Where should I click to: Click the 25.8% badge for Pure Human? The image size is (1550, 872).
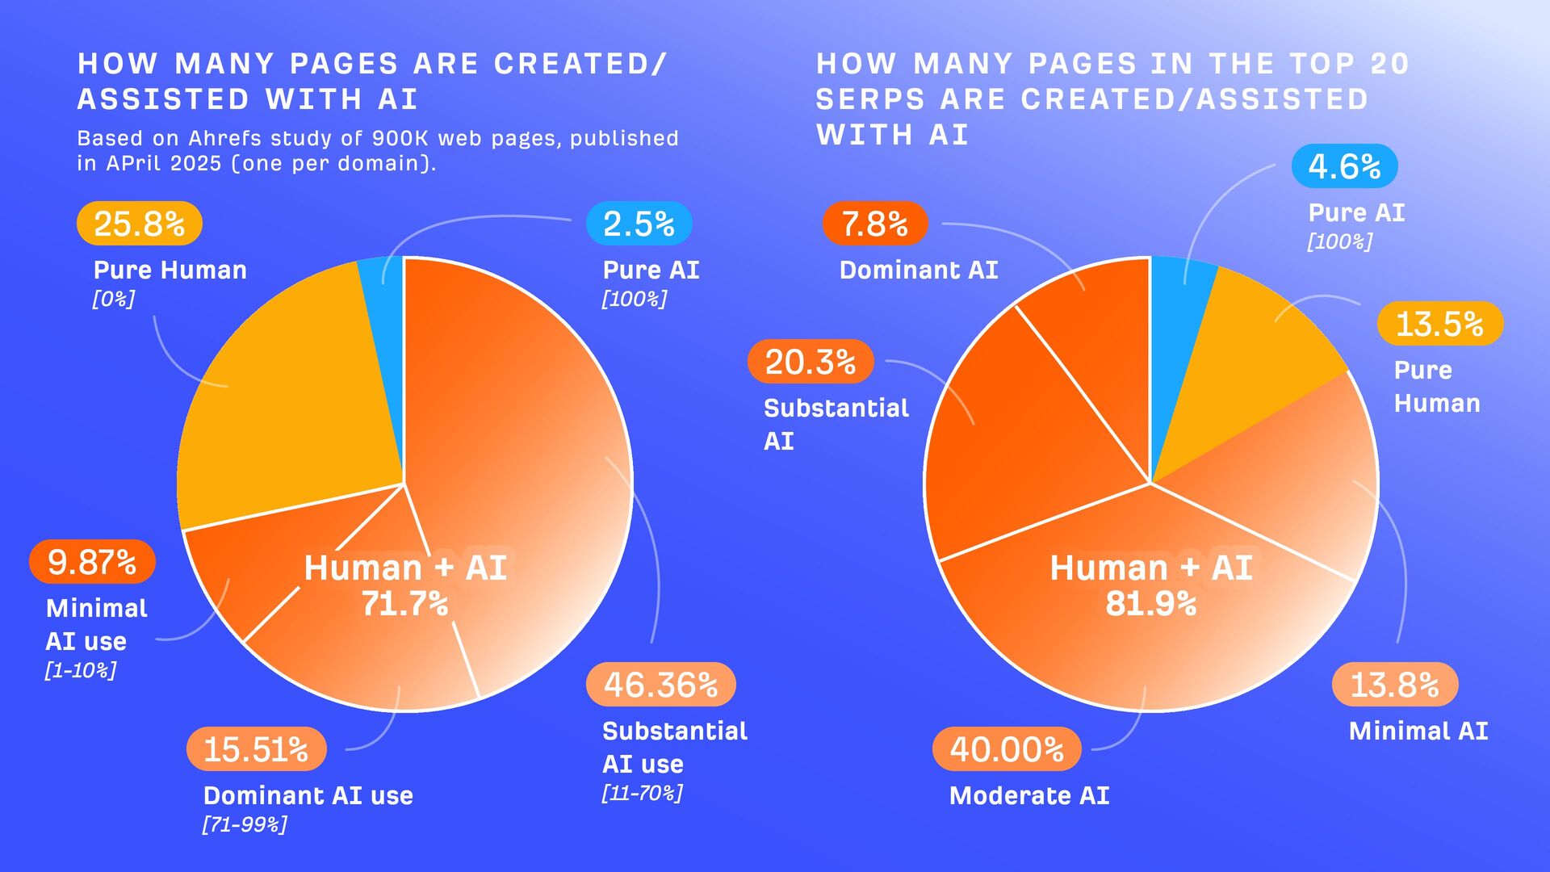tap(139, 224)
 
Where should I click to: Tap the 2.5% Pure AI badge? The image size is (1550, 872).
tap(639, 224)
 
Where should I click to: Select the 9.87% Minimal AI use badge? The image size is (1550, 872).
tap(92, 562)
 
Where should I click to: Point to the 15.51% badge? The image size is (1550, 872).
tap(256, 749)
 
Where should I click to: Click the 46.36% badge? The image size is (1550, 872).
tap(660, 685)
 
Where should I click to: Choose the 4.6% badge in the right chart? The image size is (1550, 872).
tap(1344, 166)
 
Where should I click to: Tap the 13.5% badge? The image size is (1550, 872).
tap(1439, 324)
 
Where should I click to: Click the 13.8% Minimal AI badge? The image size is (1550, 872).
tap(1394, 685)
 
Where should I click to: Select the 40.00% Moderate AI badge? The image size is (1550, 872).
tap(1007, 749)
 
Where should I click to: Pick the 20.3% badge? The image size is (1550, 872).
tap(811, 362)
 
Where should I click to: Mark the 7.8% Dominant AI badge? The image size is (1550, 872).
tap(875, 224)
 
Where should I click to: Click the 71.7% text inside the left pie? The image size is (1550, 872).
tap(404, 604)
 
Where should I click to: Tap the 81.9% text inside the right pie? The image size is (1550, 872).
tap(1151, 604)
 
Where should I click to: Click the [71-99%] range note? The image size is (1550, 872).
tap(245, 824)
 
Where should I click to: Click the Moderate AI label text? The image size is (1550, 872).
tap(1029, 796)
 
